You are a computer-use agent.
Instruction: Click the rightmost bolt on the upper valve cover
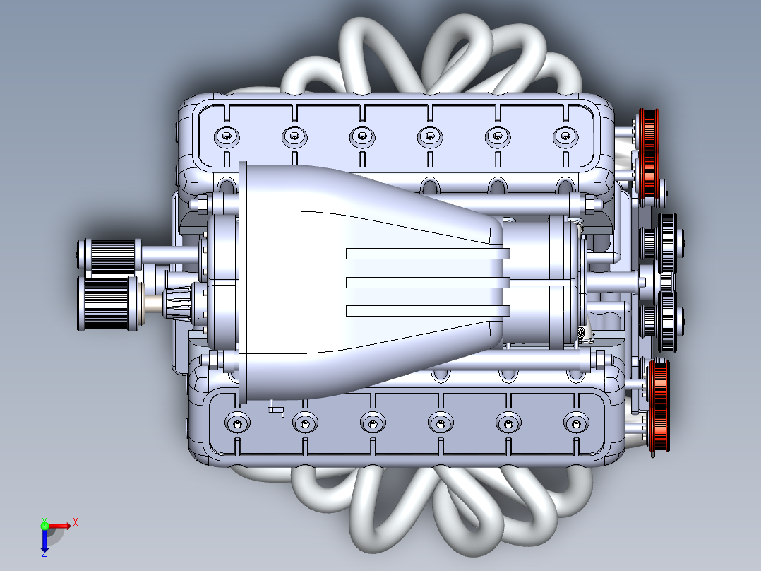[x=564, y=136]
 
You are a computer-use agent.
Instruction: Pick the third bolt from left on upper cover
[x=361, y=136]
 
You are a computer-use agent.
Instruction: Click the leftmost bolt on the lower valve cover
[x=236, y=423]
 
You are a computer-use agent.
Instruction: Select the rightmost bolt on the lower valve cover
[x=575, y=423]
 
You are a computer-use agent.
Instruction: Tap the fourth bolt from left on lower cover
[x=439, y=423]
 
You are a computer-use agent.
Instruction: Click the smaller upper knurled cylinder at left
[x=111, y=255]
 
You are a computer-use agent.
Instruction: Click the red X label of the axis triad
[x=75, y=522]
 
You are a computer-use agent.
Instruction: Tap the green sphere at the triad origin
[x=44, y=525]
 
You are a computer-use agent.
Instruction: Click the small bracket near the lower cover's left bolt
[x=275, y=408]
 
